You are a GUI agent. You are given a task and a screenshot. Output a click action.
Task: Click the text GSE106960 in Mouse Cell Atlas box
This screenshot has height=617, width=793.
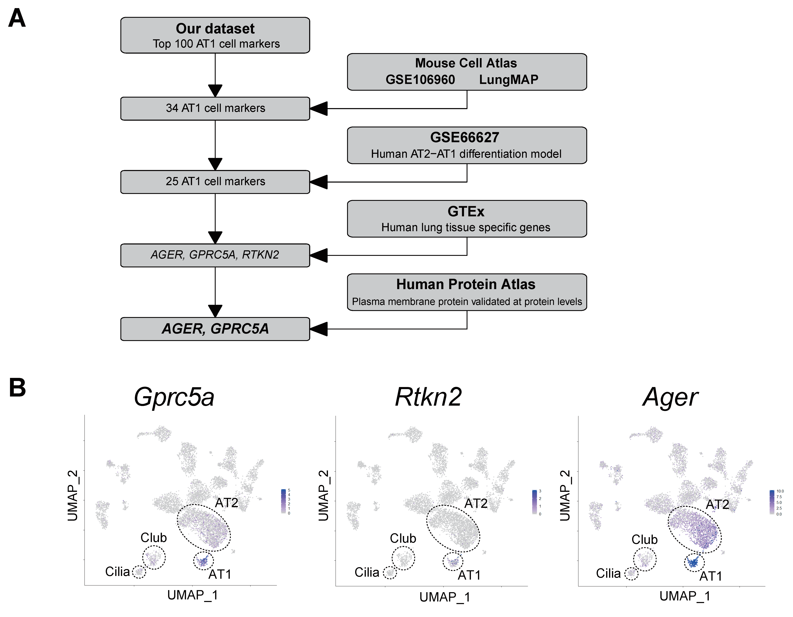[x=420, y=80]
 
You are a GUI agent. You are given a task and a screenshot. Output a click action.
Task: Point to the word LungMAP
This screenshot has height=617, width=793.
[x=508, y=80]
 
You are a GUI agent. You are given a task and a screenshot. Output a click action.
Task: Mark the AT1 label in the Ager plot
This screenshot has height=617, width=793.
[x=710, y=576]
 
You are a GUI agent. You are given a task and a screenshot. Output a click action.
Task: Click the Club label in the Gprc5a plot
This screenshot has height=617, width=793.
[x=154, y=537]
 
